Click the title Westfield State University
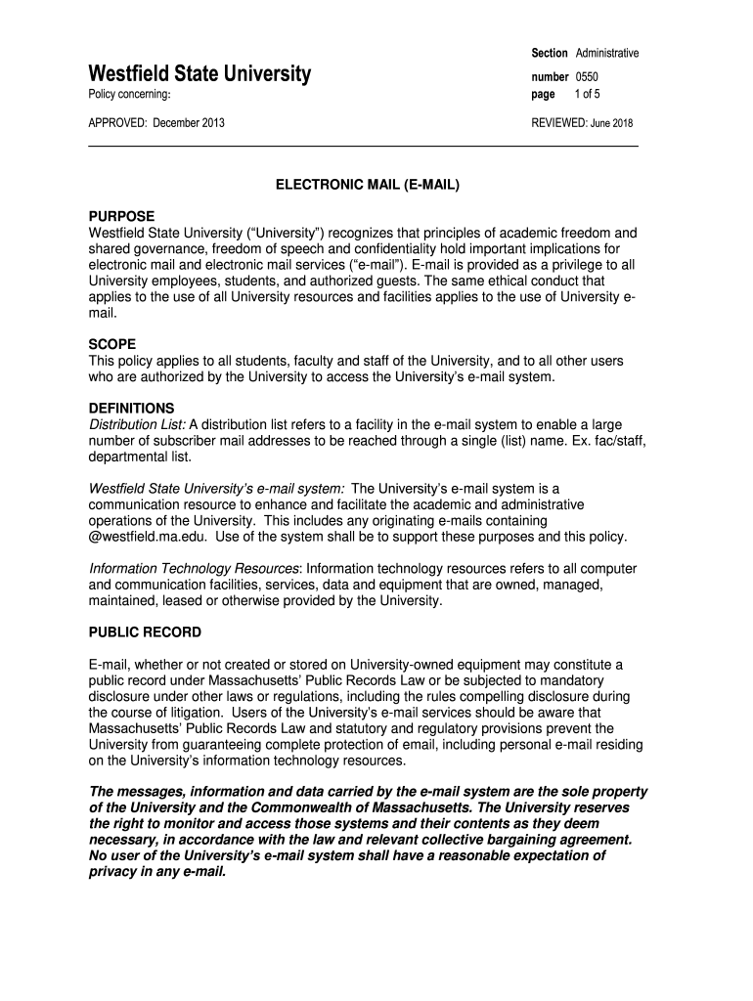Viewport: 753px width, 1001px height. coord(199,73)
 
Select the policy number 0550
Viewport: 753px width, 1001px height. coord(587,75)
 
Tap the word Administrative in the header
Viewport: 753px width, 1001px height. coord(607,52)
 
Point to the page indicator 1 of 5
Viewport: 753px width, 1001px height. coord(587,94)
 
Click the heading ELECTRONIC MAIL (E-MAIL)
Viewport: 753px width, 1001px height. coord(366,184)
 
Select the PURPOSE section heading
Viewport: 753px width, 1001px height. coord(121,216)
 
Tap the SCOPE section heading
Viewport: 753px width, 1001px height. coord(112,344)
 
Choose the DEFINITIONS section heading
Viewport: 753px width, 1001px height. coord(131,408)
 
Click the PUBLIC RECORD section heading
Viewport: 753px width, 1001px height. coord(145,632)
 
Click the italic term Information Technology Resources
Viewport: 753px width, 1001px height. coord(194,568)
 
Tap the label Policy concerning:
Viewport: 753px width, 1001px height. coord(130,95)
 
